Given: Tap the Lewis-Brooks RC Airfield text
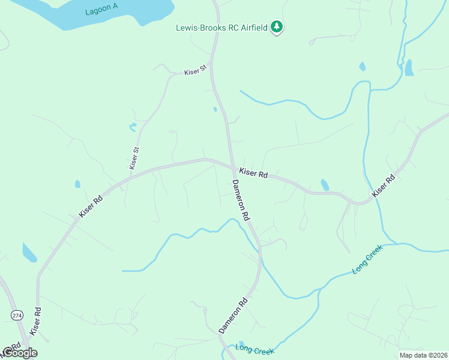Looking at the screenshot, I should pyautogui.click(x=221, y=28).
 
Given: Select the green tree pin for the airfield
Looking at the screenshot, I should pyautogui.click(x=277, y=26).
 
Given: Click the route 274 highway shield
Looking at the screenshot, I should pyautogui.click(x=16, y=314).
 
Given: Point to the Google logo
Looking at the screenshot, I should pyautogui.click(x=20, y=353).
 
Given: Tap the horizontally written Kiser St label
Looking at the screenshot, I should pyautogui.click(x=195, y=71).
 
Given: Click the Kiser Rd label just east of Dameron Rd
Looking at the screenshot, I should pyautogui.click(x=253, y=173).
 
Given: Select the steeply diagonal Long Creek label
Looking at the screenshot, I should pyautogui.click(x=367, y=260).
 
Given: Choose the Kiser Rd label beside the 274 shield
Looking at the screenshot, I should pyautogui.click(x=37, y=321).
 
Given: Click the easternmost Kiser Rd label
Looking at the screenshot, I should pyautogui.click(x=384, y=185).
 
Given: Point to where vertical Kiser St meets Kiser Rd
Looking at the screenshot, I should pyautogui.click(x=128, y=173).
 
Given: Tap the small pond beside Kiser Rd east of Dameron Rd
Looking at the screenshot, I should pyautogui.click(x=325, y=185).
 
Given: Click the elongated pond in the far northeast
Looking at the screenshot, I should pyautogui.click(x=409, y=67).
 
